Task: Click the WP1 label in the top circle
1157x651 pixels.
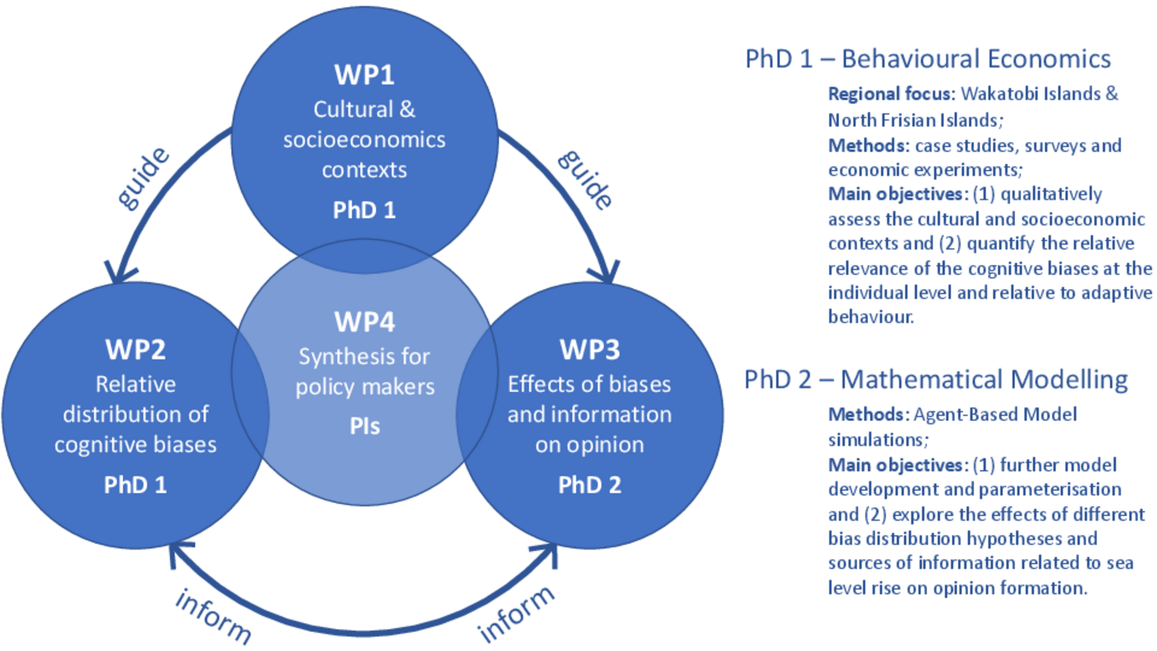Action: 364,75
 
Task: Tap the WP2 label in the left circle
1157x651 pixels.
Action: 135,349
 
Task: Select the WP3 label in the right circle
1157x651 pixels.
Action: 589,349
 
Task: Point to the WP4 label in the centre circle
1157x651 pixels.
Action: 365,322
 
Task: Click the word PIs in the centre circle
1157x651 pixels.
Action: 365,427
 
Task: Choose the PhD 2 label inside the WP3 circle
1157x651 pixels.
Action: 589,485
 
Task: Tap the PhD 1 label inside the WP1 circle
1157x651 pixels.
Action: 364,211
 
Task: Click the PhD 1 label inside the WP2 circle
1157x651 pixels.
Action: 135,485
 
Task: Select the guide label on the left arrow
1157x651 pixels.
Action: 143,178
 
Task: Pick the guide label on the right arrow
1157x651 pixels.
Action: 585,179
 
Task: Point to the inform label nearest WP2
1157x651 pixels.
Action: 214,617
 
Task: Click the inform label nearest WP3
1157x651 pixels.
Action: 516,614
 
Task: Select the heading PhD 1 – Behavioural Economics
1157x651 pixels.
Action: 928,59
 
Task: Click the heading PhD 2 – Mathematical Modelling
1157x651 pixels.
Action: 936,379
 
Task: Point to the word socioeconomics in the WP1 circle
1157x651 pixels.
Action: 364,140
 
